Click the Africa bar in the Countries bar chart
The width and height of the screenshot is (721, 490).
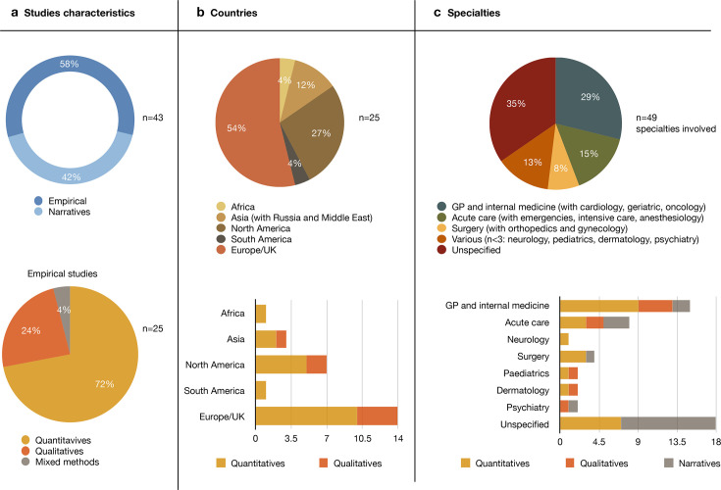click(260, 314)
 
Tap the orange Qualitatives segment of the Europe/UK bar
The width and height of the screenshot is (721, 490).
click(377, 416)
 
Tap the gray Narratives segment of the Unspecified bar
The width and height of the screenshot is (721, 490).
click(668, 422)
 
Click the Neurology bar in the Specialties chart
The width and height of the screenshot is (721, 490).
click(563, 339)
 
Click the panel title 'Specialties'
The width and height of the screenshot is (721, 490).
click(470, 16)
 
